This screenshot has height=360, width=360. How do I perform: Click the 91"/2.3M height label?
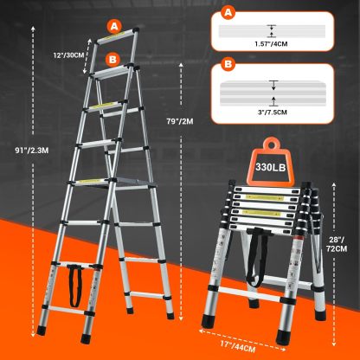[32, 150]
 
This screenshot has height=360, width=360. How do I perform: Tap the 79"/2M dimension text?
[180, 121]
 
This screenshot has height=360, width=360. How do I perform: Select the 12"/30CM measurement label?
[68, 55]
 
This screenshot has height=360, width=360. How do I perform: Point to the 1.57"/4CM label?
[271, 44]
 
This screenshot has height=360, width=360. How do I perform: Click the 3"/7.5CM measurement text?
[273, 112]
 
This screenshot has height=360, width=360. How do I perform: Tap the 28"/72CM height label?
[337, 244]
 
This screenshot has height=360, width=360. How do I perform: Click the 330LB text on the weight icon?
[270, 167]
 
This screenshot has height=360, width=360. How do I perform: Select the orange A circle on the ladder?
[114, 27]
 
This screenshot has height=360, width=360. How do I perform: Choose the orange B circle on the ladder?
[112, 60]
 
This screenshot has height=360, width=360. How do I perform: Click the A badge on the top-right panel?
[228, 13]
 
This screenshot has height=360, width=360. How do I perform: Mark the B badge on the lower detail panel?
[228, 64]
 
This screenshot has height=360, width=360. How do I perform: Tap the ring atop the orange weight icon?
[271, 144]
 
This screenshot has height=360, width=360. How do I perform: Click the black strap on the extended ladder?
[74, 286]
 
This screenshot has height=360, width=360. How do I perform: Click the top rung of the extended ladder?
[115, 37]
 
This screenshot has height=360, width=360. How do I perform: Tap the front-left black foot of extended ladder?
[42, 331]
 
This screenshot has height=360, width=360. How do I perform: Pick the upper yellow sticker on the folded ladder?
[264, 198]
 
